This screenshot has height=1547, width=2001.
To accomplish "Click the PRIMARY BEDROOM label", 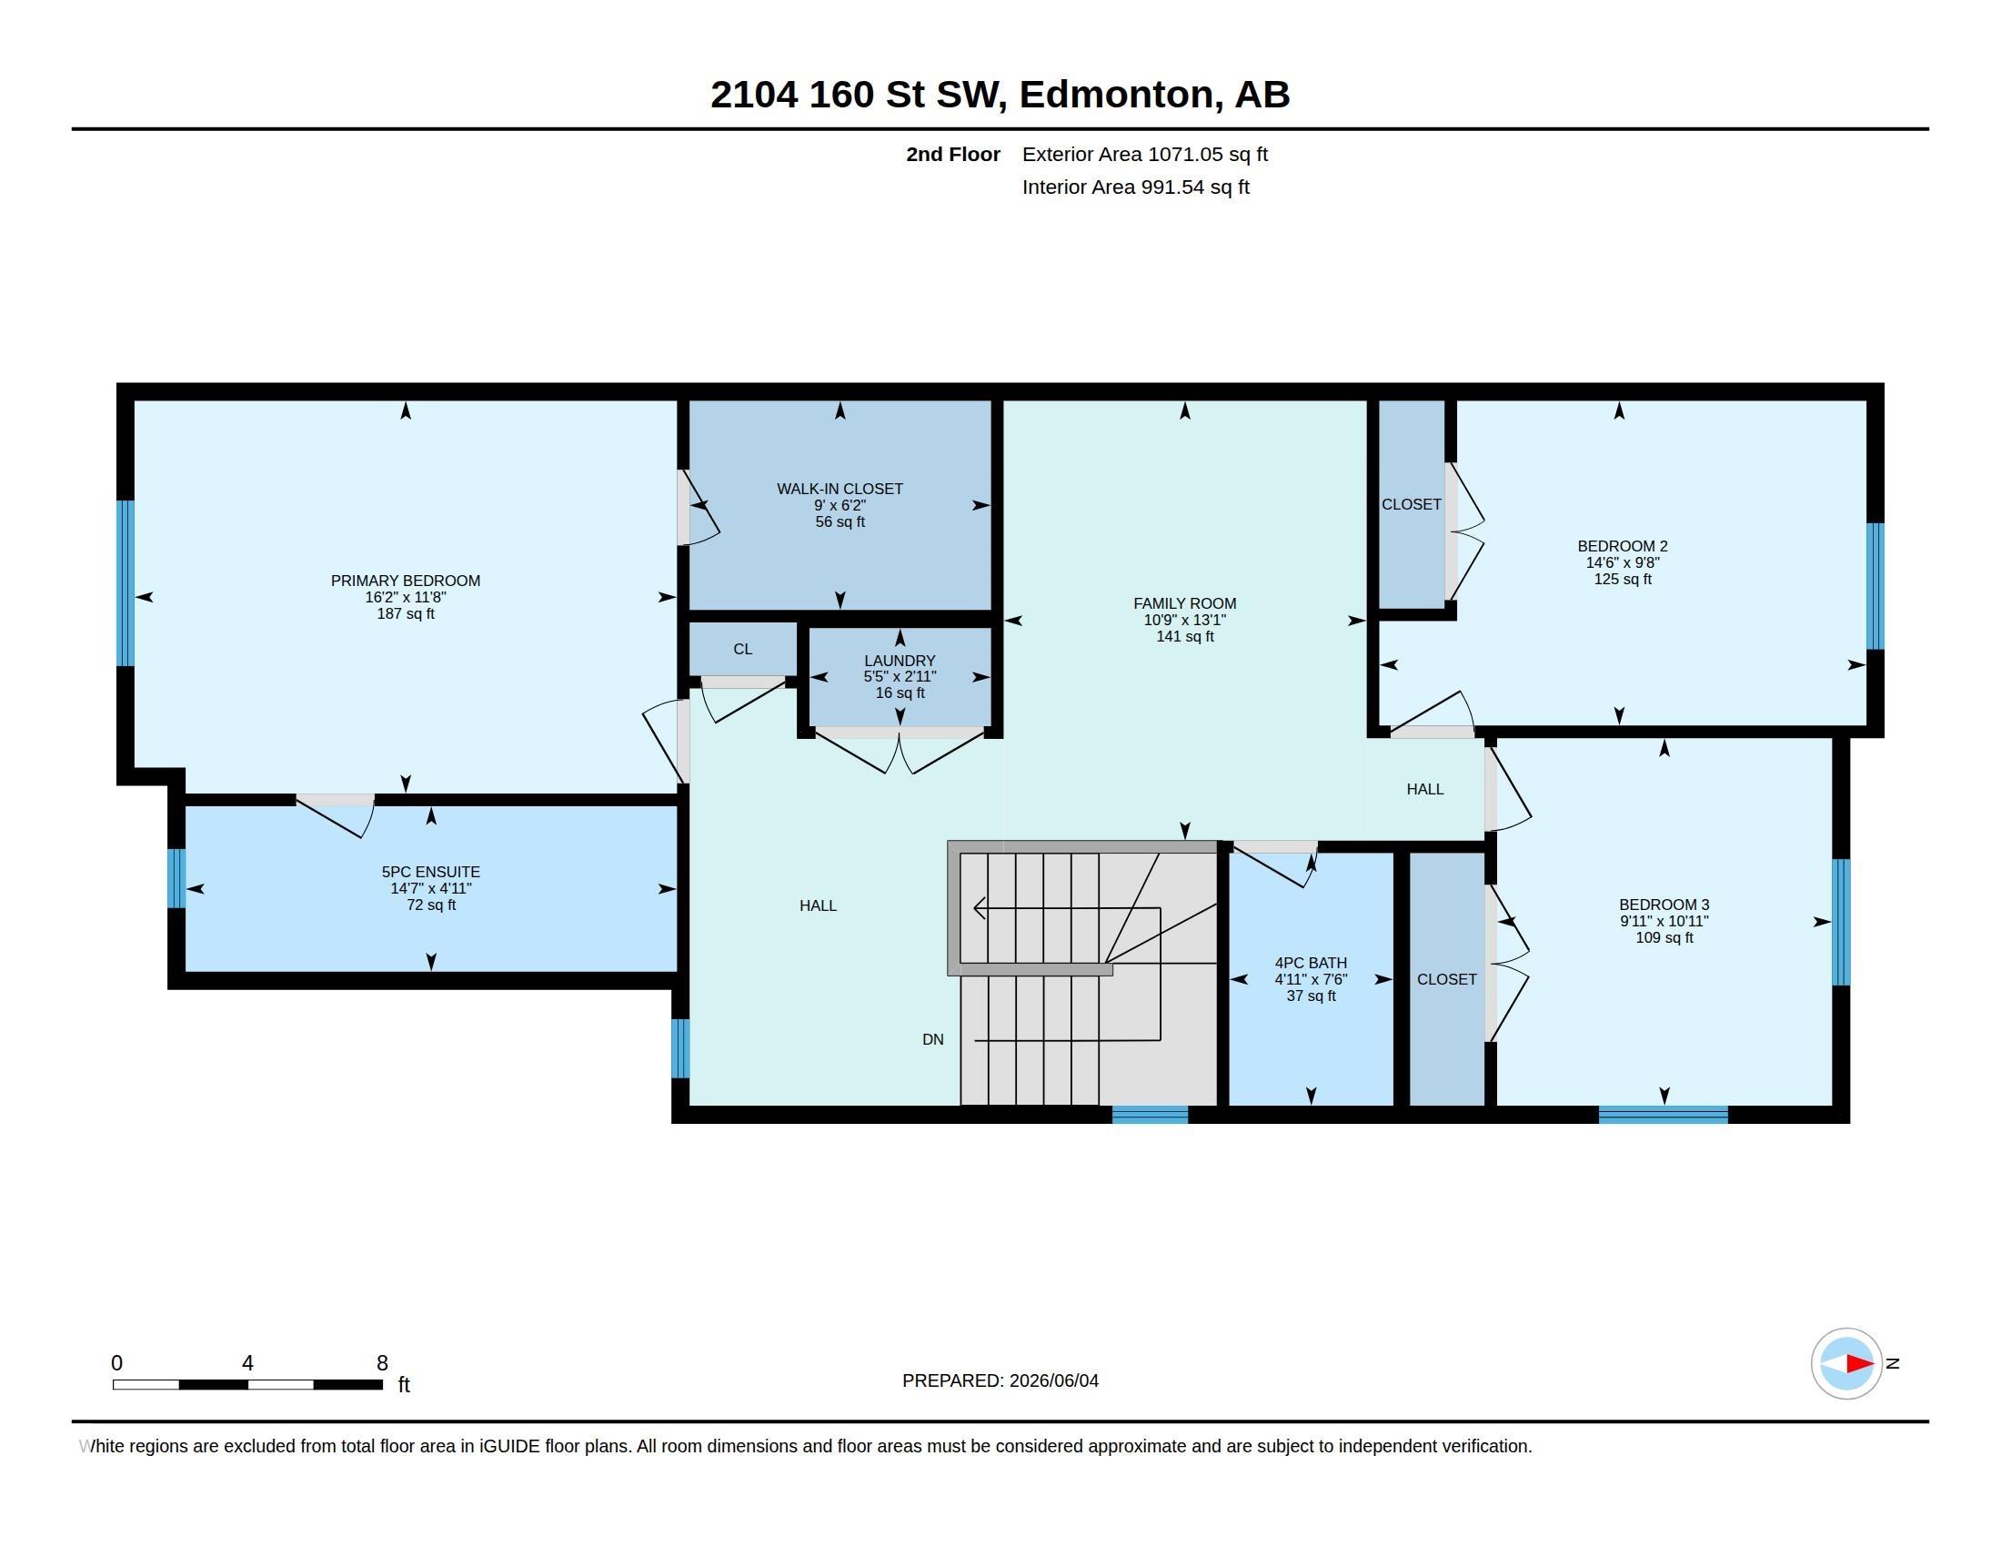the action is coord(405,581).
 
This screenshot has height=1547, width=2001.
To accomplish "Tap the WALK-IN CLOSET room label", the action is coord(840,490).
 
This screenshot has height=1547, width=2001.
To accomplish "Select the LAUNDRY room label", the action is coord(900,661).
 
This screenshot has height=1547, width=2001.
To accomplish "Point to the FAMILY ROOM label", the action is coord(1184,604).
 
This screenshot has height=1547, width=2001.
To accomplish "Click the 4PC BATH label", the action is coord(1311,963).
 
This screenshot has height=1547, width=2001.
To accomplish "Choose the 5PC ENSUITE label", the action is coord(430,873).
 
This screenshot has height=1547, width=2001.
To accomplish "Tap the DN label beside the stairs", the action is coord(932,1039).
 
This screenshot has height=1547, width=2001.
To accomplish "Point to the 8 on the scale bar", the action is coord(382,1363).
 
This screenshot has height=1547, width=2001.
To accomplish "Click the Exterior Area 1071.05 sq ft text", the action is coord(1145,154).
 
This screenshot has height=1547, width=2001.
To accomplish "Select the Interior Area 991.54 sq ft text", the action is coord(1136,187).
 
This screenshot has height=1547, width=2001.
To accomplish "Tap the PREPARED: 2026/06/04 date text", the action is coord(1000,1380).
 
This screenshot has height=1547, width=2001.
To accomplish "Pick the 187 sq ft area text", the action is coord(406,614).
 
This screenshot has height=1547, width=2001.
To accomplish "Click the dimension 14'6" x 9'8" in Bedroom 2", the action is coord(1623,562).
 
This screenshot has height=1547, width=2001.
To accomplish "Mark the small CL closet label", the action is coord(743,649).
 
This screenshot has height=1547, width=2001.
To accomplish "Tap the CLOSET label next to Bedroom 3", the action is coord(1447,980).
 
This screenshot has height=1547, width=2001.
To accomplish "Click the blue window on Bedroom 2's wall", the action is coord(1875,587).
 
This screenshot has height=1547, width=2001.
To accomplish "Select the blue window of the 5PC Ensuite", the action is coord(176,878).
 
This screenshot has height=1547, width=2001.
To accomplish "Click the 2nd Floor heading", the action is coord(953,154).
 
